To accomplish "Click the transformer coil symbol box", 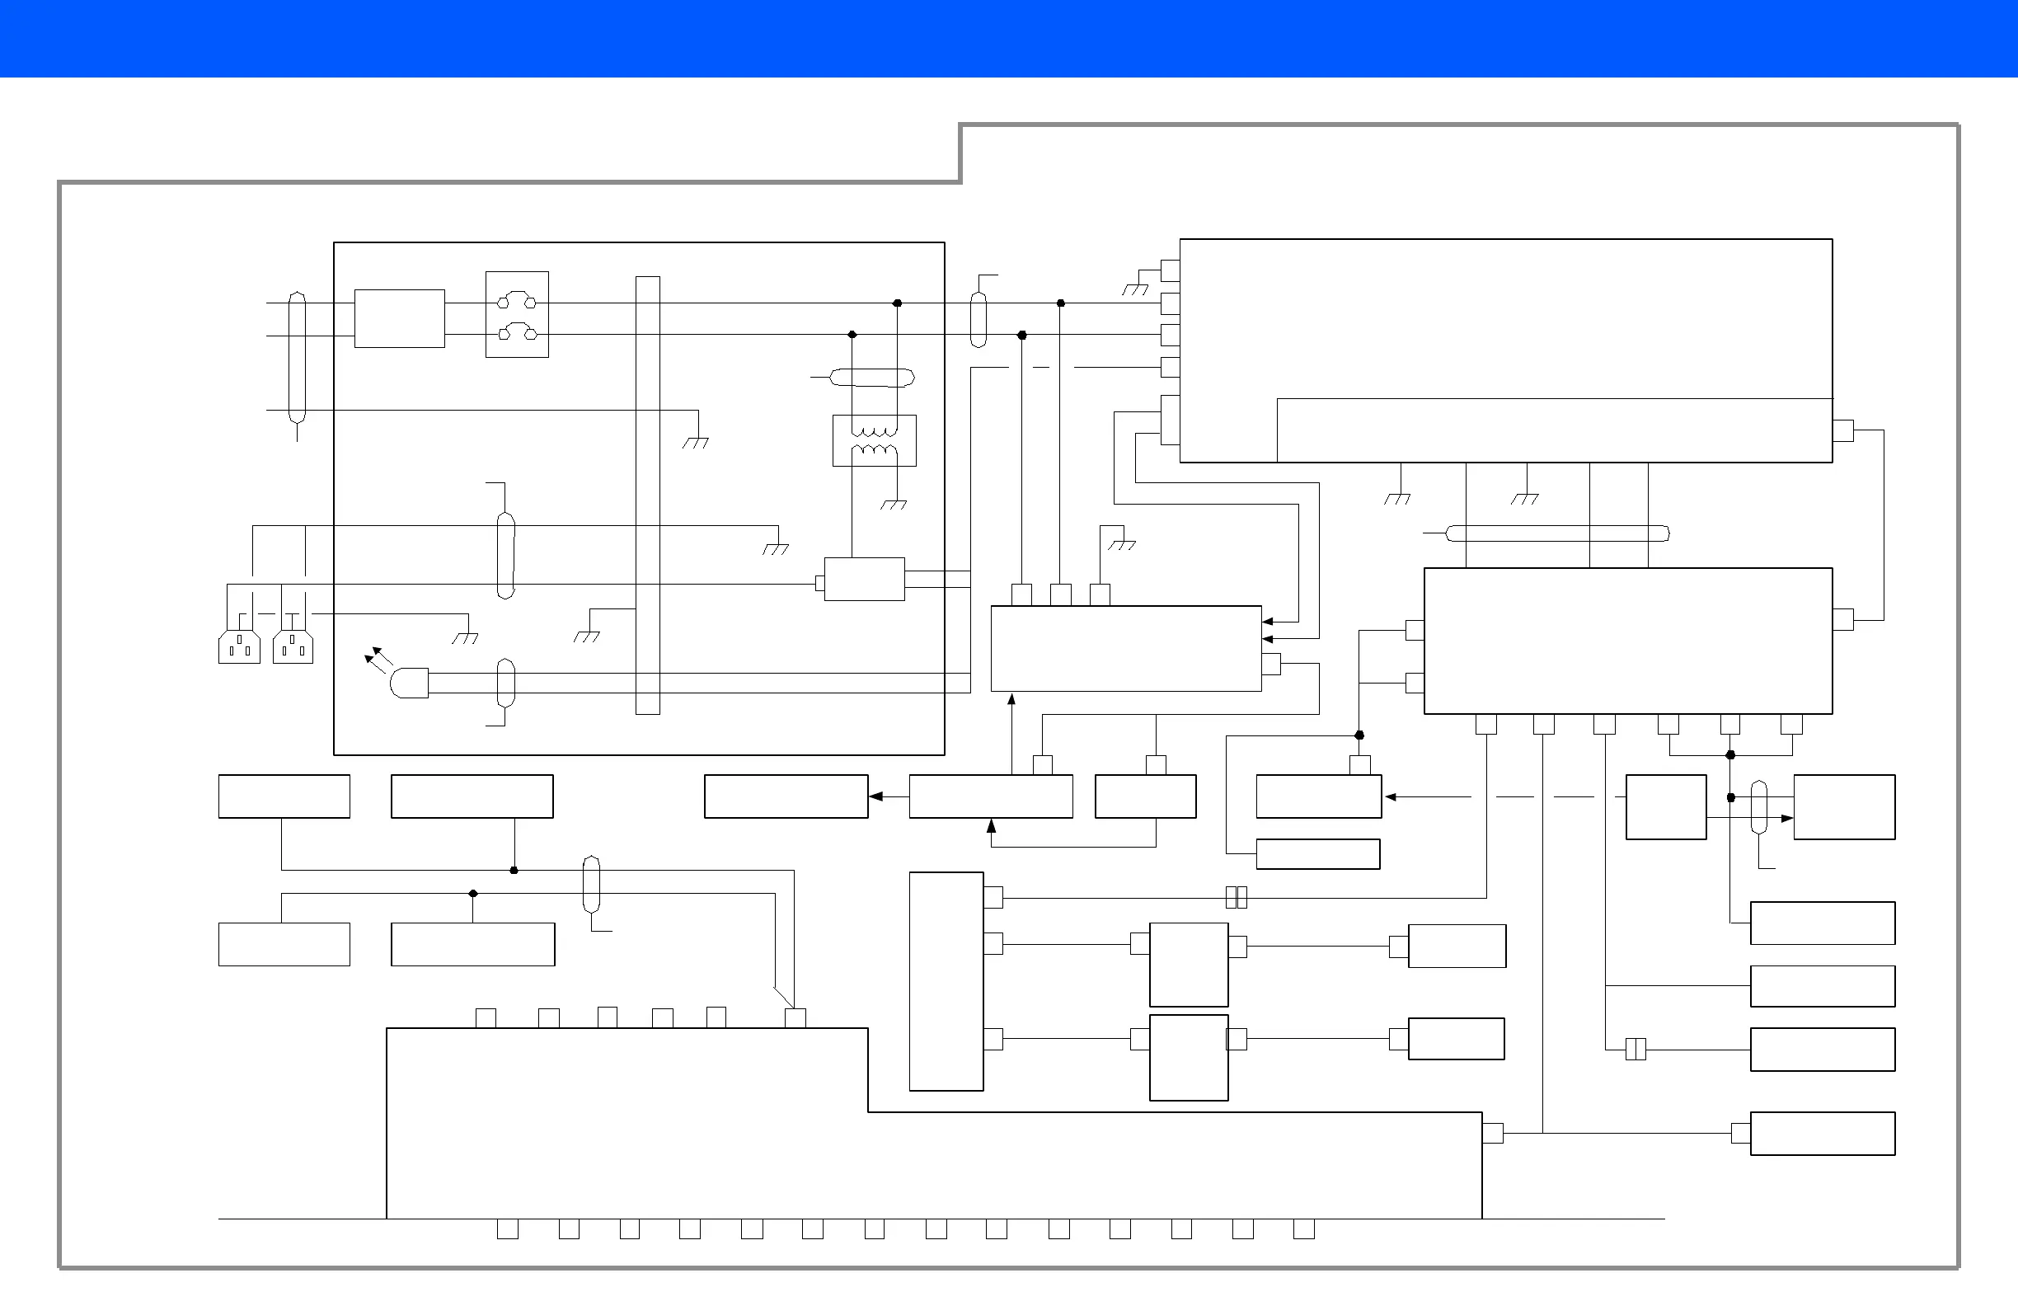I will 874,440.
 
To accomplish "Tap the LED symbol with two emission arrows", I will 408,683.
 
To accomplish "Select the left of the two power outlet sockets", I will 239,647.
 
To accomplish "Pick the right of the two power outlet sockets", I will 293,647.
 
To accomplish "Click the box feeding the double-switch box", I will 399,318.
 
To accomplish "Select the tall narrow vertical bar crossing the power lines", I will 648,496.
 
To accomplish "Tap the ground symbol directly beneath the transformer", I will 894,505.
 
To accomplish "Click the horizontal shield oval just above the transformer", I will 871,378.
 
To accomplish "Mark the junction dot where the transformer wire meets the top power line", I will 897,303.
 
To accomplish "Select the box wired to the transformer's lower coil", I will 864,580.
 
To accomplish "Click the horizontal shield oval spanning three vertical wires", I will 1556,533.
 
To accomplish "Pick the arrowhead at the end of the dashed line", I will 1391,797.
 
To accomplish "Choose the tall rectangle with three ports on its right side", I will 946,981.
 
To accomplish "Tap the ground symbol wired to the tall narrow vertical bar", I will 587,636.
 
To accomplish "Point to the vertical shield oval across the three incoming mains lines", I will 297,357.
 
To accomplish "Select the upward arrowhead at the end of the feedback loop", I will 990,825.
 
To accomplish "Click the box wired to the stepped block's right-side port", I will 1822,1133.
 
